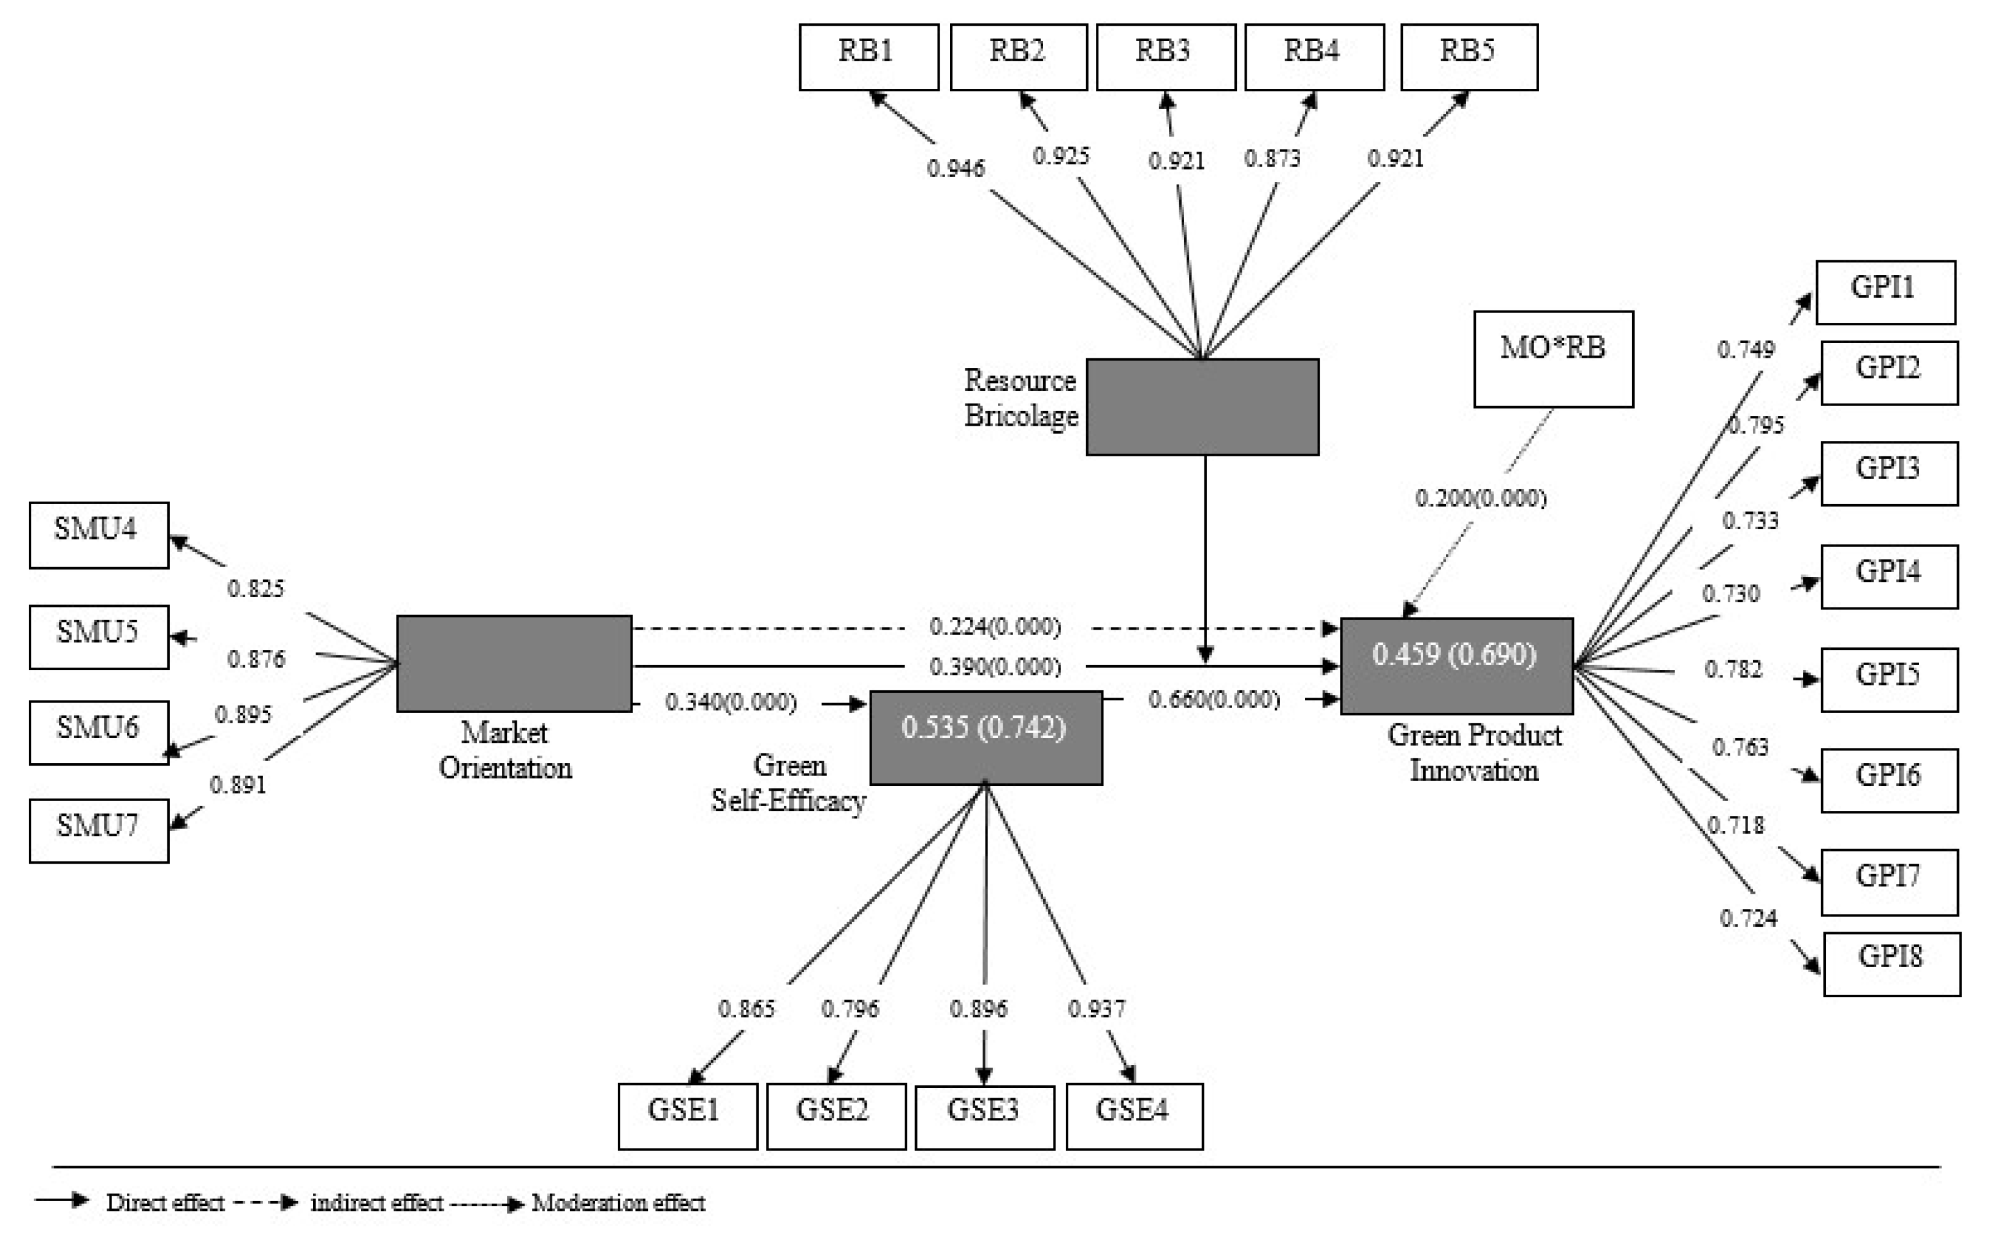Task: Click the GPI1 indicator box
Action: (1885, 292)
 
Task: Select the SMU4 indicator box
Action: (99, 534)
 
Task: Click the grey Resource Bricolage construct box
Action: (1202, 406)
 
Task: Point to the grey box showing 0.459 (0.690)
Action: (1456, 665)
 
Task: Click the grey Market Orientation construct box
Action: (514, 663)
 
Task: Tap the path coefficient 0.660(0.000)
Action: (1214, 699)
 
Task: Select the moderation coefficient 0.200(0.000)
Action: (1480, 497)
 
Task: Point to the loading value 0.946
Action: (956, 168)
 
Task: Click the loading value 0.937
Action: (1097, 1009)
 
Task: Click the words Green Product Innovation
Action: (1474, 753)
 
